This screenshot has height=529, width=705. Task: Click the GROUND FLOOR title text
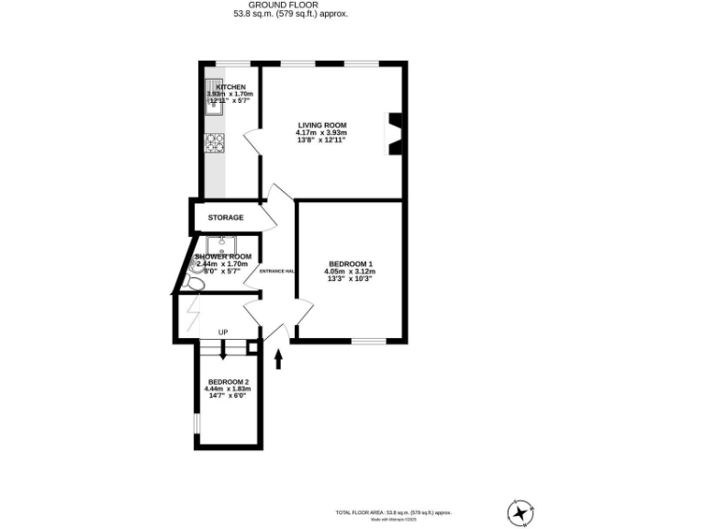click(290, 5)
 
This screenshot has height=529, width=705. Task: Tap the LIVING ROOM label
click(320, 125)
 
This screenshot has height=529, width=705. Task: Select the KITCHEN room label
click(230, 86)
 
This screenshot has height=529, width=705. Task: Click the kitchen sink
click(214, 101)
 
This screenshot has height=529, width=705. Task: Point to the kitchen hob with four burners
click(214, 142)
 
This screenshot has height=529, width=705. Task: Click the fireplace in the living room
click(396, 133)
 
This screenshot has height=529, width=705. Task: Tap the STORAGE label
click(225, 218)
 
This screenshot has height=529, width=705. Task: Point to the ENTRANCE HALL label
click(277, 271)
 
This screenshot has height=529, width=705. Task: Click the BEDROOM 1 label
click(351, 264)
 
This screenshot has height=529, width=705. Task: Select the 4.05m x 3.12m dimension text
click(349, 272)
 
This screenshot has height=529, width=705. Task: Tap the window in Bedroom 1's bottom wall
click(368, 342)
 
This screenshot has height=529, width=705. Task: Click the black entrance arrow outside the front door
click(279, 358)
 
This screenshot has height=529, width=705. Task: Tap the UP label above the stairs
click(223, 332)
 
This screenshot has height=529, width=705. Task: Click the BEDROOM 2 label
click(227, 382)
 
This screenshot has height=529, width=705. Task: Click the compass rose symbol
click(520, 511)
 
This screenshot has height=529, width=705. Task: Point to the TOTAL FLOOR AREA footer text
click(392, 512)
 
